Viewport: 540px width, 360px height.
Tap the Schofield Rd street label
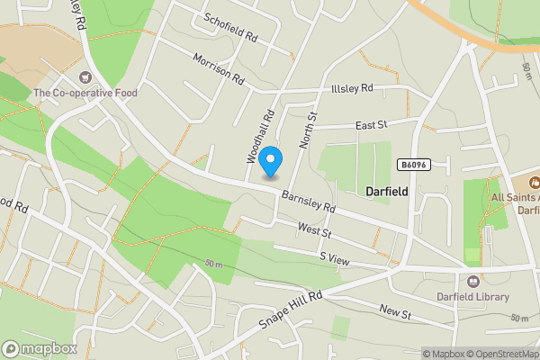coord(230,28)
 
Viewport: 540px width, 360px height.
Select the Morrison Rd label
coord(219,68)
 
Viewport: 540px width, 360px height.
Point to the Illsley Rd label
coord(351,88)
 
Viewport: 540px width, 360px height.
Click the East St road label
coord(370,126)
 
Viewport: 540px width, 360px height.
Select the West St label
coord(315,231)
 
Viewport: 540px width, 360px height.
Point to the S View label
coord(335,259)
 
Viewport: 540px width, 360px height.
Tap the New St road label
coord(394,312)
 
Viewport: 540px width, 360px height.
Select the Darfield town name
coord(388,192)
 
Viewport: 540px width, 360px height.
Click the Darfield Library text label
coord(473,297)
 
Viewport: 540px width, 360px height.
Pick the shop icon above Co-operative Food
coord(86,76)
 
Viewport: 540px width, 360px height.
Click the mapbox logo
coord(40,348)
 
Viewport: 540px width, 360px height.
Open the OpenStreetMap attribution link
coord(499,354)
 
